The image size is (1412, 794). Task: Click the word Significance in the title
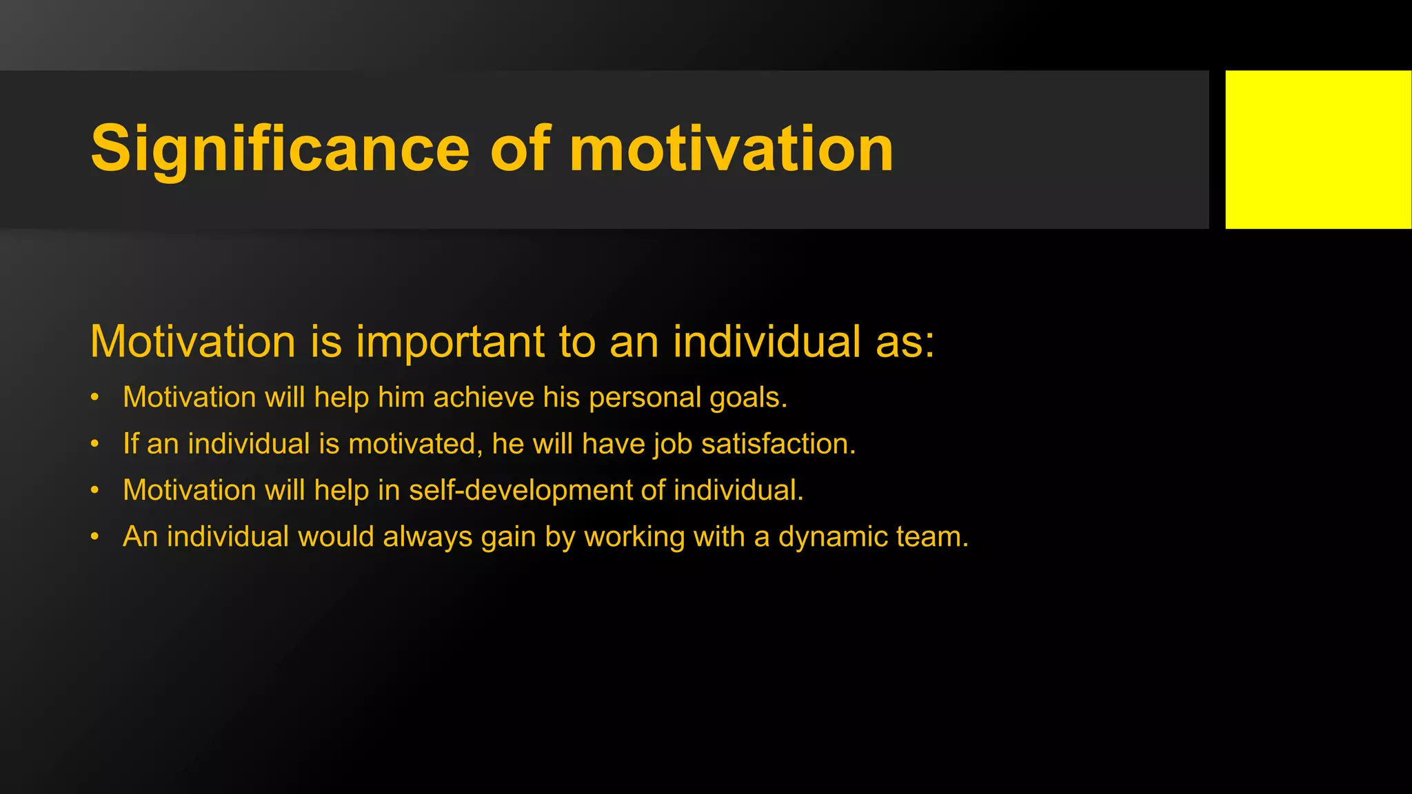pyautogui.click(x=280, y=149)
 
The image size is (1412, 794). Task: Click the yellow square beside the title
pyautogui.click(x=1318, y=149)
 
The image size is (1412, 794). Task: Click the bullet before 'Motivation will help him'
pyautogui.click(x=95, y=398)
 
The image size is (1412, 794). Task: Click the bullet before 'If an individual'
pyautogui.click(x=95, y=444)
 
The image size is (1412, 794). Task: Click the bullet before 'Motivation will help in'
pyautogui.click(x=95, y=491)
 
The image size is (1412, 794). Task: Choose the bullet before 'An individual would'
pyautogui.click(x=95, y=537)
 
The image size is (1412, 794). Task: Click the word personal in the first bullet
pyautogui.click(x=645, y=398)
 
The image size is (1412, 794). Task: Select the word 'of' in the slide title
pyautogui.click(x=521, y=149)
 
